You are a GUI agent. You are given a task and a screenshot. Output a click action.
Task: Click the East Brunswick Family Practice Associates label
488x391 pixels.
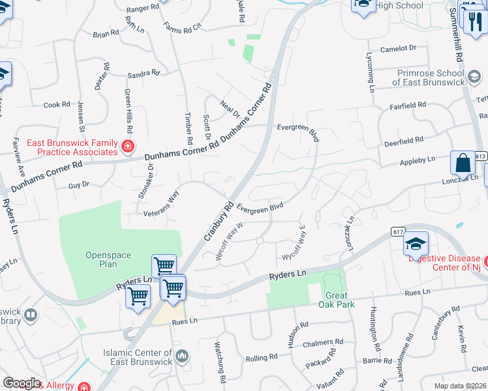[72, 147]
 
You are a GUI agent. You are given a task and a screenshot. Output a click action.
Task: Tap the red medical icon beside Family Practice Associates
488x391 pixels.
[129, 147]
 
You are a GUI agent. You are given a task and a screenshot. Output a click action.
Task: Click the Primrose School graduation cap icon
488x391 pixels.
[474, 78]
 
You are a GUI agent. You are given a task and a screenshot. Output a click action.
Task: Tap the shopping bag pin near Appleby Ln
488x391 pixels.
[462, 163]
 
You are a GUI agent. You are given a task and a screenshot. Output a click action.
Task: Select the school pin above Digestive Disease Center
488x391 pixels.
[416, 244]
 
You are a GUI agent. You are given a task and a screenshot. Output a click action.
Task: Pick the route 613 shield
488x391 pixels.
[481, 156]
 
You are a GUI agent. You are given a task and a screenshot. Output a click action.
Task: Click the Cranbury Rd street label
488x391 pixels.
[219, 221]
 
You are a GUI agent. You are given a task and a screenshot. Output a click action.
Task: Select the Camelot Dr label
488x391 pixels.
[398, 48]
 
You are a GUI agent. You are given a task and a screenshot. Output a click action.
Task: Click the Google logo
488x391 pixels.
[22, 383]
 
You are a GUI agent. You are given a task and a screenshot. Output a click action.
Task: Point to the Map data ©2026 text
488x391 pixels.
[459, 386]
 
